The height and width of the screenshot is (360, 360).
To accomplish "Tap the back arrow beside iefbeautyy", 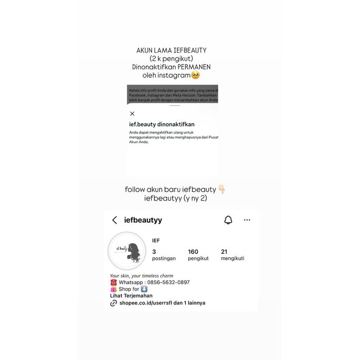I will point(115,220).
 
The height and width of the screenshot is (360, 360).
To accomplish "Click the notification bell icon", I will point(228,220).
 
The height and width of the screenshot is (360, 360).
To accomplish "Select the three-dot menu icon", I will point(247,220).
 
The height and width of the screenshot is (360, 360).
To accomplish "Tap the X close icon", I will point(132,114).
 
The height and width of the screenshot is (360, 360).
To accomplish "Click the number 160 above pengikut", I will point(193,252).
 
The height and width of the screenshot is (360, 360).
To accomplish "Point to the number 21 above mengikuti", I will point(224,252).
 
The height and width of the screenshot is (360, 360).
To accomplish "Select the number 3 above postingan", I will point(154,252).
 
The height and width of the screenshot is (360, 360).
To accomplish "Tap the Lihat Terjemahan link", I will point(131,296).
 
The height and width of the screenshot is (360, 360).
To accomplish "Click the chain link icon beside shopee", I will point(114,302).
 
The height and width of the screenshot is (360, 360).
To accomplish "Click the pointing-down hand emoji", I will point(222,189).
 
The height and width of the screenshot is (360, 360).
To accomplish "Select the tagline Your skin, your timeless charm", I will point(141,276).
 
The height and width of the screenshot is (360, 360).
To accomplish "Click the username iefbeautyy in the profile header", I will point(143,220).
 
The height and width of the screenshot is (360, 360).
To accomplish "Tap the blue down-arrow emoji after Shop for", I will point(144,289).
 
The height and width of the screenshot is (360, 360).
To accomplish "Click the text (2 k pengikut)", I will point(171,58).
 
